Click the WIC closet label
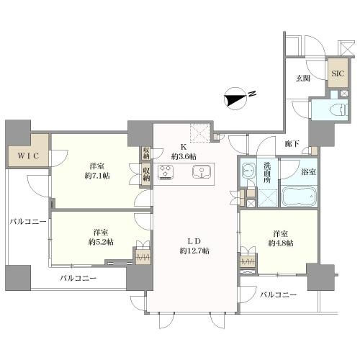point(28,156)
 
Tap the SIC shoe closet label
point(338,73)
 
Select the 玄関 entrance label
point(302,78)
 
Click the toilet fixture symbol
point(339,110)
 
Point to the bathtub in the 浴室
point(299,196)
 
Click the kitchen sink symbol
point(202,171)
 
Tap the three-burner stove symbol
point(166,172)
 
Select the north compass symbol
point(235,99)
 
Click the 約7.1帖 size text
point(97,176)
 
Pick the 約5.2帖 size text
point(101,242)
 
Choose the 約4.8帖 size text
point(281,243)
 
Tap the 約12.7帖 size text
point(194,251)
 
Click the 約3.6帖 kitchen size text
point(184,157)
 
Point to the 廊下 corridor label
point(292,144)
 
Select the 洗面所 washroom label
point(267,173)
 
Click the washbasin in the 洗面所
point(248,170)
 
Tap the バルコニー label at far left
point(28,222)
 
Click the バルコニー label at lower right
point(279,294)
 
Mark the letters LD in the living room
point(194,241)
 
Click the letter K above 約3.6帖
point(184,147)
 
